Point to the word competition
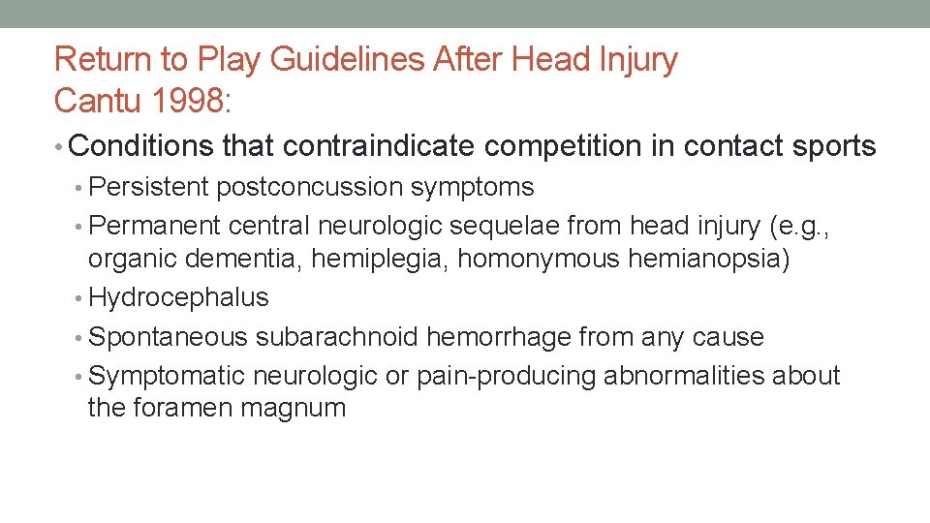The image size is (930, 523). click(x=579, y=146)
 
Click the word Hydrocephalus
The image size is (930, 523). click(x=178, y=297)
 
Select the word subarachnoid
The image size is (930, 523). click(x=339, y=337)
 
